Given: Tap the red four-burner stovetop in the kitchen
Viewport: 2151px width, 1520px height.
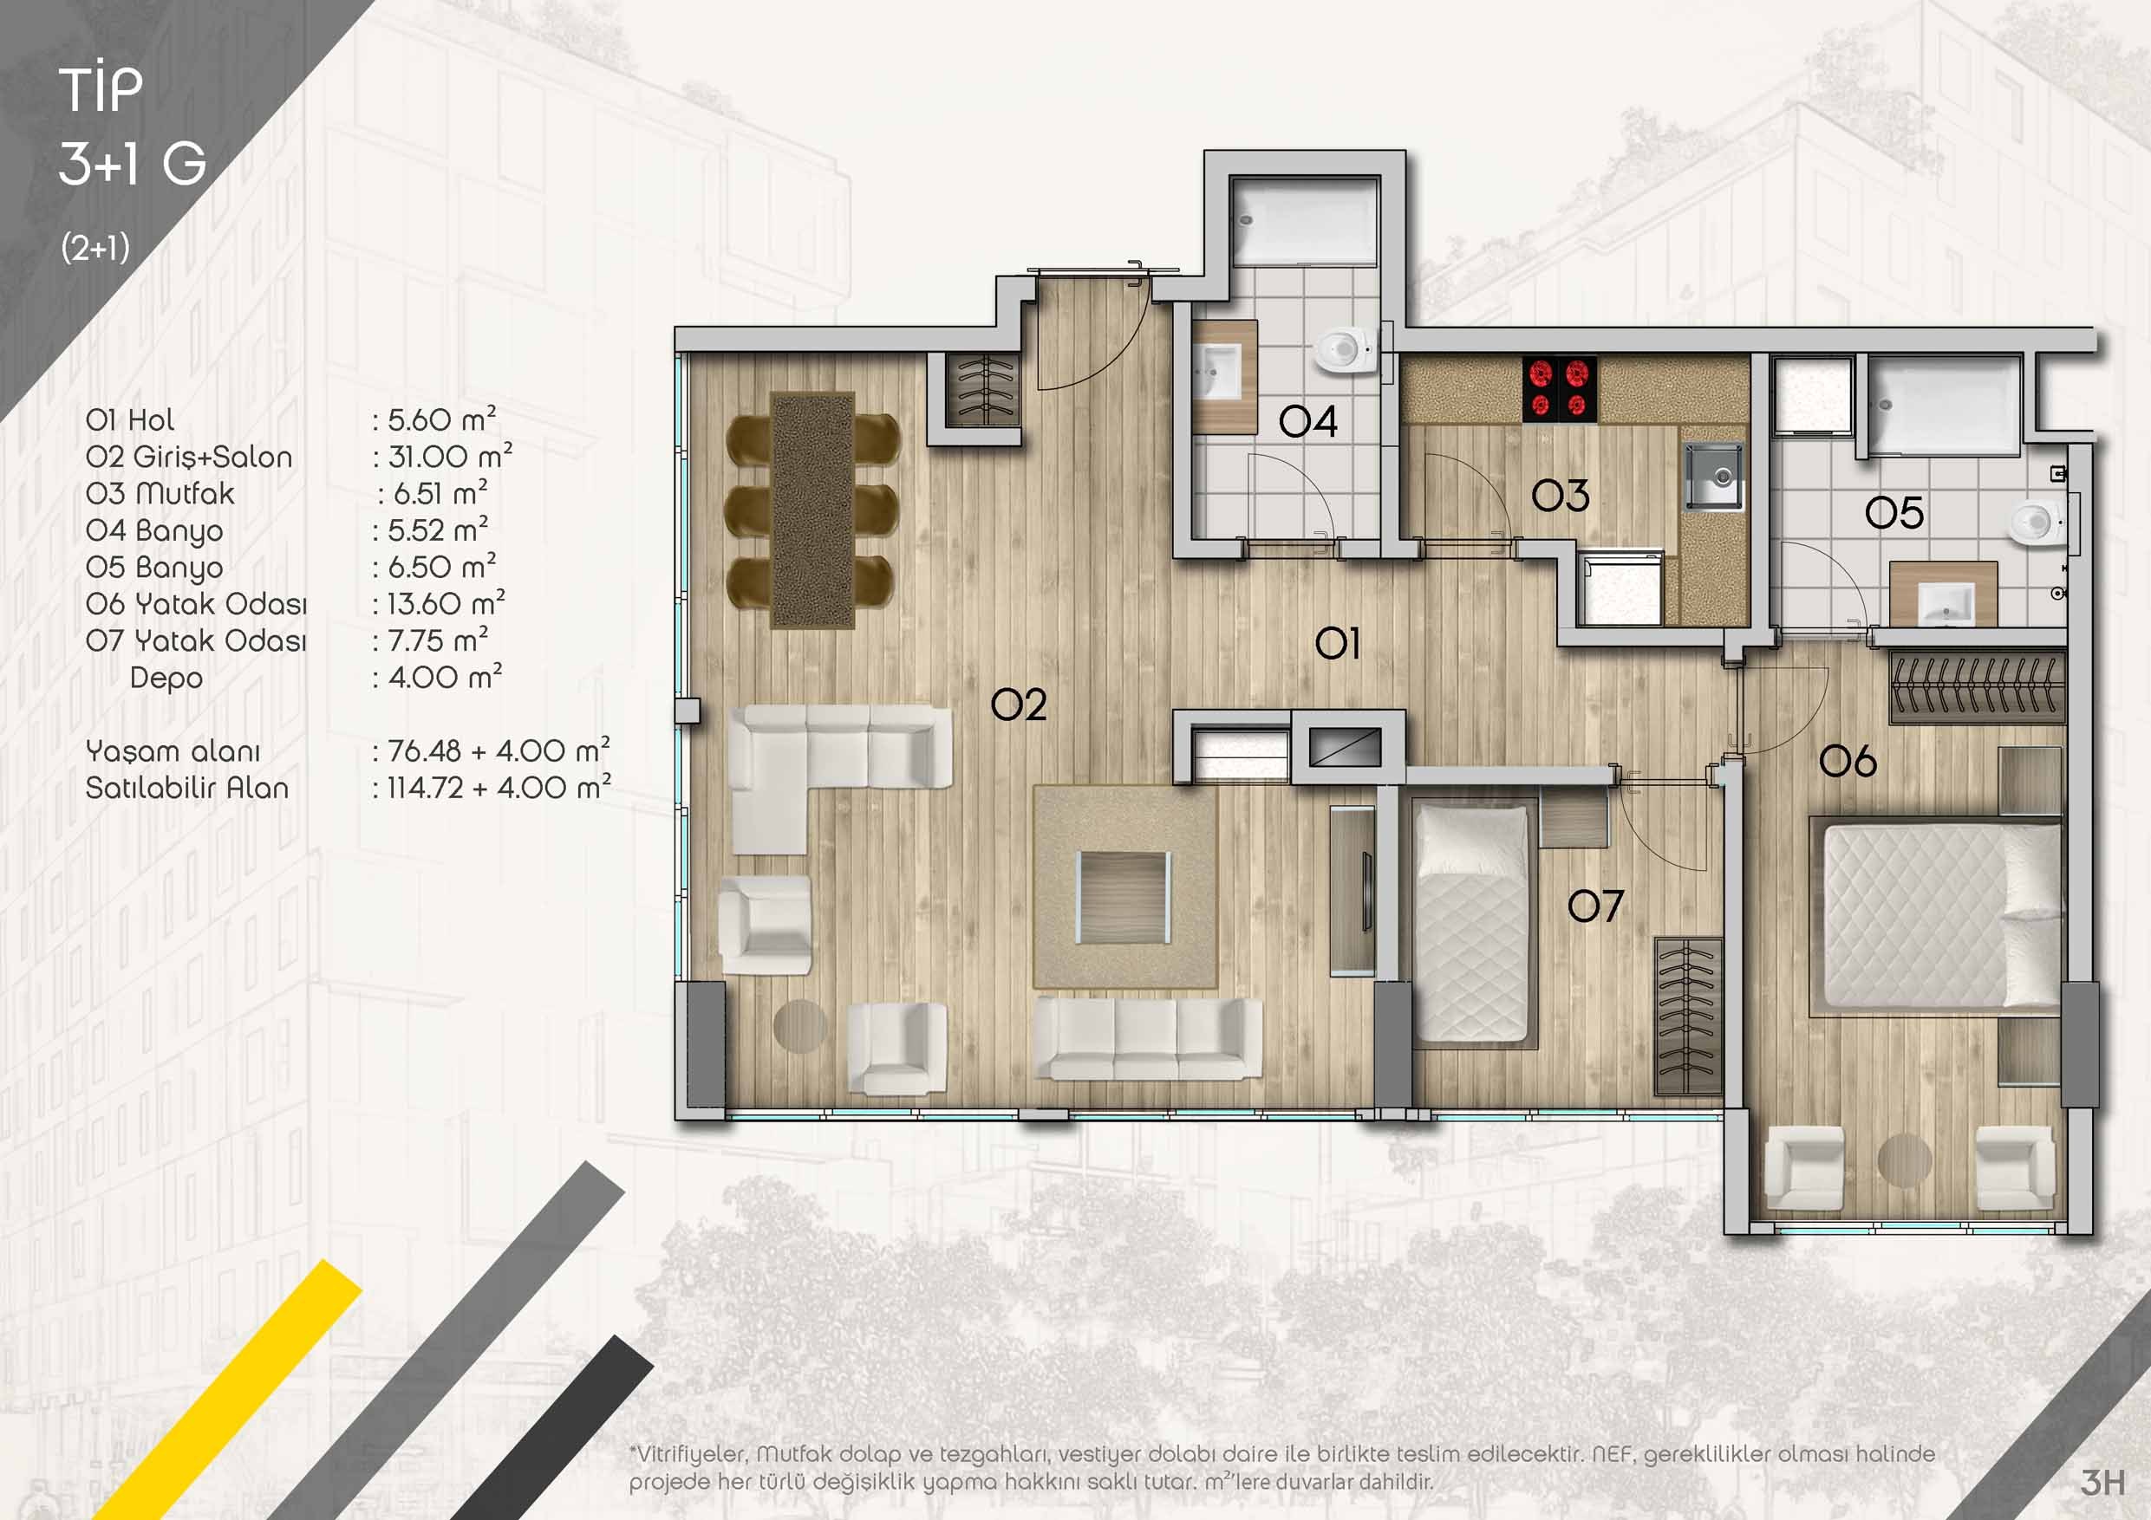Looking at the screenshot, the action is tap(1560, 388).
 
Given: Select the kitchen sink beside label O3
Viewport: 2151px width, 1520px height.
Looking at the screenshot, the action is tap(1714, 477).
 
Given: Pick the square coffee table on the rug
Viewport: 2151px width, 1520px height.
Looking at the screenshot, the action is tap(1124, 897).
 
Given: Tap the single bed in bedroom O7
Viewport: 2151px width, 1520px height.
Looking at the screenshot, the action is tap(1474, 923).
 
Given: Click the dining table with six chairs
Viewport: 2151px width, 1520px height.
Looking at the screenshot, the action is tap(812, 510).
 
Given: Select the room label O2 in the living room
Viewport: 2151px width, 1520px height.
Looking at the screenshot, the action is tap(1019, 705).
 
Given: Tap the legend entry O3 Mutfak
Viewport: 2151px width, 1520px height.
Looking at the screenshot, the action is tap(160, 494).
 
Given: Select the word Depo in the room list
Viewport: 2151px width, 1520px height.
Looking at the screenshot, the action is tap(166, 677).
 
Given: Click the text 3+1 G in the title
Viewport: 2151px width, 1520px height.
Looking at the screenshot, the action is tap(132, 164).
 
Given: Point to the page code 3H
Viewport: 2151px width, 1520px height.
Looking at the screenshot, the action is tap(2102, 1482).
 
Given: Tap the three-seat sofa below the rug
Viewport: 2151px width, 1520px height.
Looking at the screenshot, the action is tap(1148, 1039).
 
